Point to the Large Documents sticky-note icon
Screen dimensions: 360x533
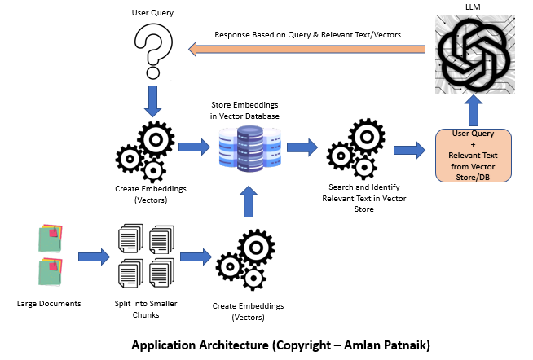[50, 256]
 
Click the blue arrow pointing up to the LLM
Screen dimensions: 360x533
[473, 114]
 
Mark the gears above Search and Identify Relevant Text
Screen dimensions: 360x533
[350, 151]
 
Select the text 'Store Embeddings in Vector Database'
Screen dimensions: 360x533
[242, 111]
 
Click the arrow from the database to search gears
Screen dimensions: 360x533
[301, 149]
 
